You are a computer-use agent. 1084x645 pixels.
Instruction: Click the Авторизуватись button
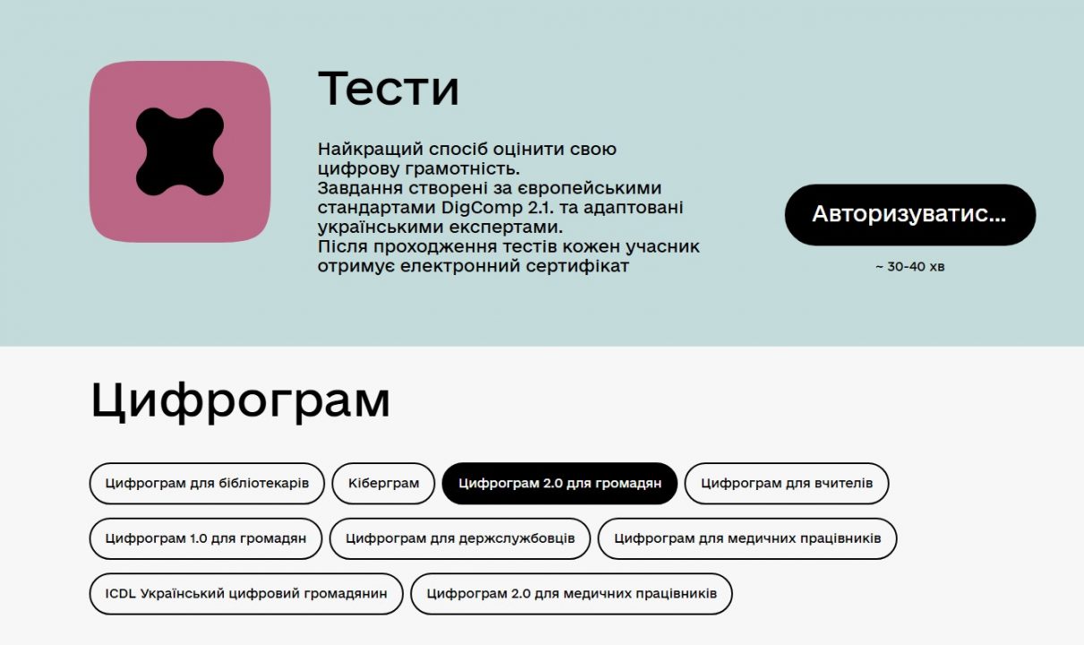[909, 214]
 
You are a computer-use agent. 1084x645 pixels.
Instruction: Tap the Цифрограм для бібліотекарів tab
[207, 483]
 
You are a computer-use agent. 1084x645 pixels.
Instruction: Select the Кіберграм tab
[383, 483]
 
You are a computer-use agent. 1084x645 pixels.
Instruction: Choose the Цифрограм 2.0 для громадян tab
[559, 483]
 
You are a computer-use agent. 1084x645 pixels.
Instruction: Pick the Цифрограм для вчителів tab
[787, 483]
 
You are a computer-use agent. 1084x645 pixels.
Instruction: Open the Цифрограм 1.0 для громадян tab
[206, 538]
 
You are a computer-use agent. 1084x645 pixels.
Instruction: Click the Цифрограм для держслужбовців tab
[460, 538]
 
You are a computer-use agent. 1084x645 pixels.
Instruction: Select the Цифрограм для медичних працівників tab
[747, 538]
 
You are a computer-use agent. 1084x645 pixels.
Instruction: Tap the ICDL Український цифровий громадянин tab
[246, 594]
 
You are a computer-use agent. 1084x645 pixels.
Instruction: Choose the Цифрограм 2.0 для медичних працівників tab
[571, 594]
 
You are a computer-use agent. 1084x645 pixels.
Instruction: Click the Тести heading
[388, 89]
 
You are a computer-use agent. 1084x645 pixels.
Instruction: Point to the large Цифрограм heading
[240, 401]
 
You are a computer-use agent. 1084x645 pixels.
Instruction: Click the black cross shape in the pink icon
[180, 151]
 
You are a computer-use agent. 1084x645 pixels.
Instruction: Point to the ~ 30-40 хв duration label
[909, 267]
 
